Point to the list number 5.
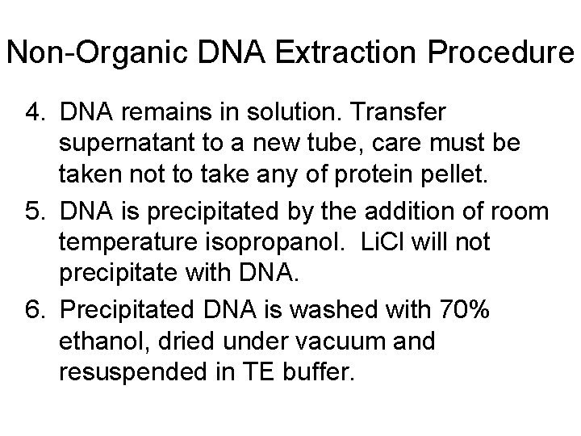coord(31,212)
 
